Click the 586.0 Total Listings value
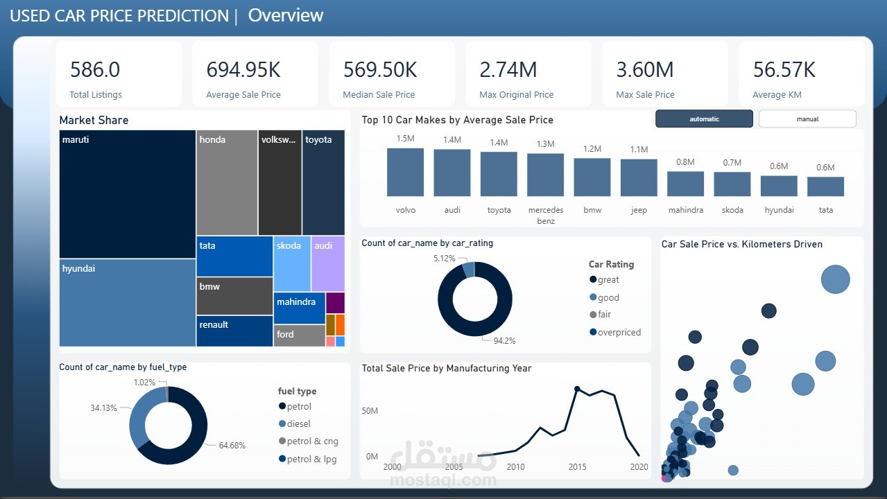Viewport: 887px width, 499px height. click(x=95, y=70)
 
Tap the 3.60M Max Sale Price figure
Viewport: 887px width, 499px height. click(x=645, y=70)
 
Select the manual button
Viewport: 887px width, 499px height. click(x=807, y=119)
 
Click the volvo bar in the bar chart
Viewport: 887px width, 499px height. click(x=406, y=173)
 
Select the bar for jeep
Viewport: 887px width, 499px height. click(x=639, y=178)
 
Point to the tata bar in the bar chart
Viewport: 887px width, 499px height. click(x=825, y=186)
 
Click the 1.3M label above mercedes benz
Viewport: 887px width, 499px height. click(x=545, y=144)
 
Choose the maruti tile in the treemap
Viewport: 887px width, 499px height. click(x=128, y=194)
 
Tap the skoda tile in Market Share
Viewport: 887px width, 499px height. click(x=291, y=263)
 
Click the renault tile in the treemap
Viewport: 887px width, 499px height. click(x=234, y=331)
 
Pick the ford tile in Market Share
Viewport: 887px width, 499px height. click(x=299, y=335)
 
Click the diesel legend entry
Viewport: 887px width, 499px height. click(x=298, y=423)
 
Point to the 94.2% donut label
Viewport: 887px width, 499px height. click(x=504, y=340)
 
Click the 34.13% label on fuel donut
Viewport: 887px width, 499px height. click(x=104, y=408)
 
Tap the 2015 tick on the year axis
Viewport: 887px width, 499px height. click(x=577, y=467)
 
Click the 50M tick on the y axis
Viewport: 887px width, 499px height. click(x=370, y=411)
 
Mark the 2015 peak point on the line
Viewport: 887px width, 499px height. click(x=577, y=389)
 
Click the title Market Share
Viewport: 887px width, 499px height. click(x=94, y=120)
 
